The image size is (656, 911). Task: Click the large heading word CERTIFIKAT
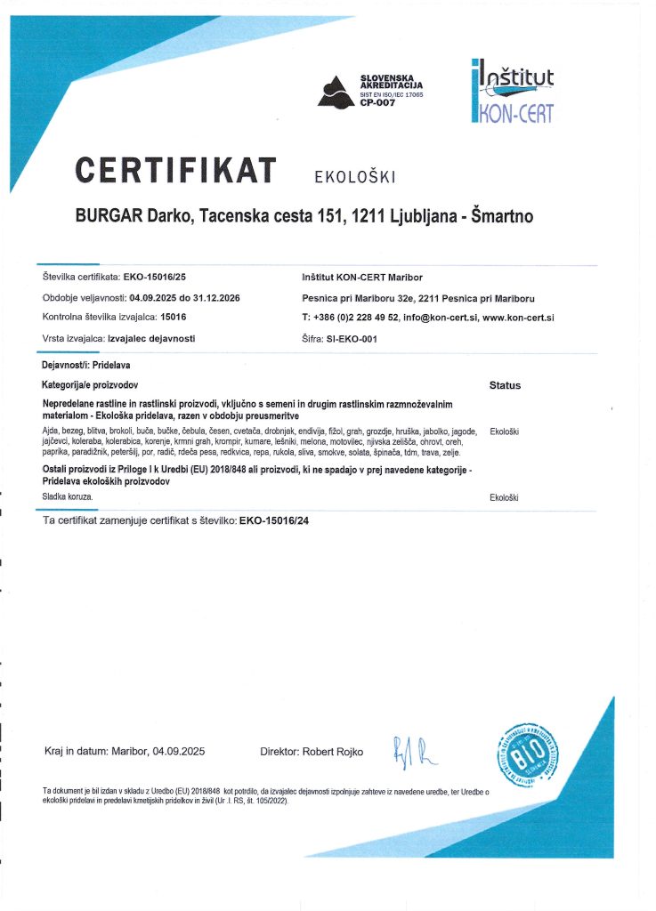click(175, 170)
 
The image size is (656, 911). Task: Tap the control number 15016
click(174, 317)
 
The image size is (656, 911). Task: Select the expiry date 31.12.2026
click(218, 297)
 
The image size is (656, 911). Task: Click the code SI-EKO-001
click(346, 339)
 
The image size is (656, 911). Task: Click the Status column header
click(505, 386)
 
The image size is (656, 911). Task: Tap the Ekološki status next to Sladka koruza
click(505, 497)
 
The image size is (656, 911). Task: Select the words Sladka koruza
click(67, 495)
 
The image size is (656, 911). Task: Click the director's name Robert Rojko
click(333, 752)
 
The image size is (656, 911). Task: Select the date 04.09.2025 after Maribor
click(179, 752)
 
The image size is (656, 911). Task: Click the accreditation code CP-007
click(377, 103)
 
